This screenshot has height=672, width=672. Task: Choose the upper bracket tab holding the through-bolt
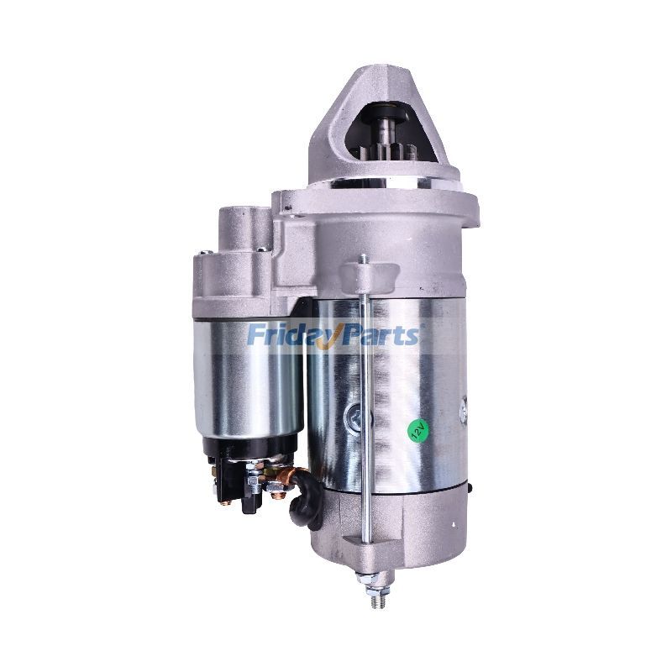coord(370,273)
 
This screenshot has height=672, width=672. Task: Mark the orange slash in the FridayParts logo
coord(336,335)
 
